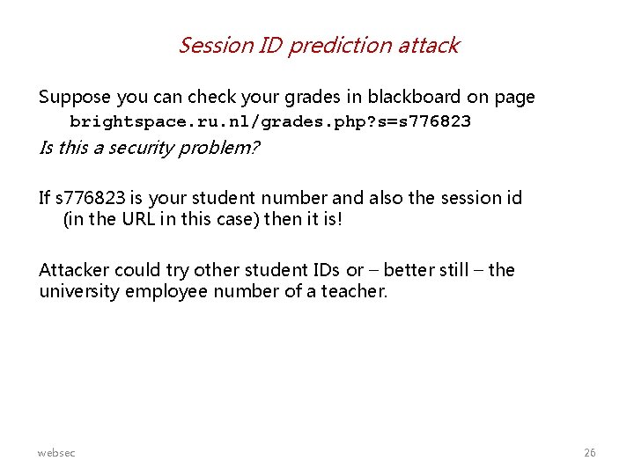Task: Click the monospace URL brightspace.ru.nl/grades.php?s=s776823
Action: pos(270,121)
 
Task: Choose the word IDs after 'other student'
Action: pos(321,270)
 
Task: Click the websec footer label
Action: pos(56,453)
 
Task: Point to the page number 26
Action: pos(590,453)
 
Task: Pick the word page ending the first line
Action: pos(514,97)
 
